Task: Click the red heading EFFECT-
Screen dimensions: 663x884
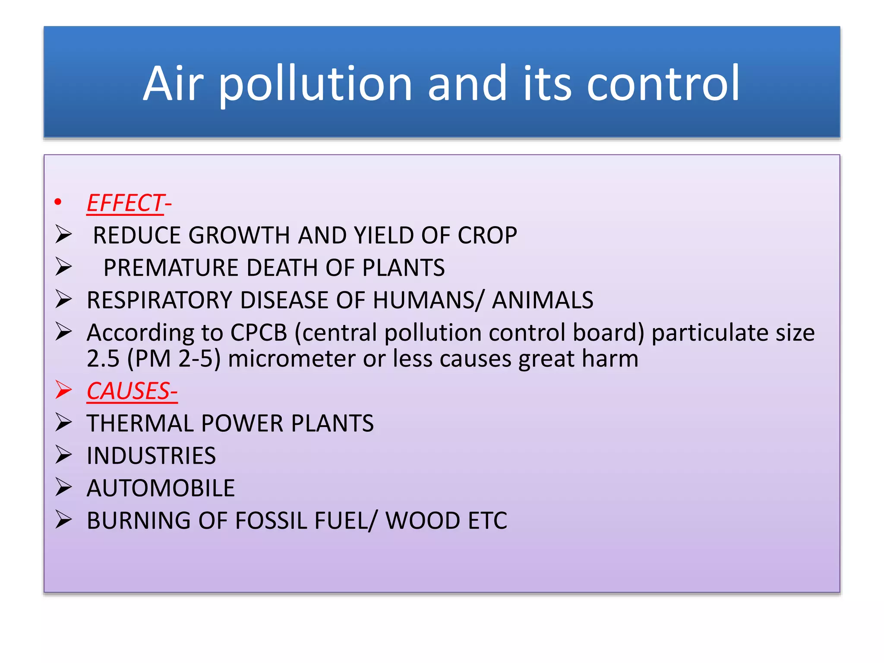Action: [129, 203]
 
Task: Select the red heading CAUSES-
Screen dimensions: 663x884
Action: [132, 391]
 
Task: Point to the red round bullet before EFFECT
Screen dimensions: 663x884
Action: [58, 202]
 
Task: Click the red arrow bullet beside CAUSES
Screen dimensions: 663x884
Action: [63, 390]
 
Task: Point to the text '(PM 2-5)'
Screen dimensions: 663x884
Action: [174, 359]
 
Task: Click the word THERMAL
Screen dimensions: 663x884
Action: [140, 423]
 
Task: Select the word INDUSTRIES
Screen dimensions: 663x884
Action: [151, 456]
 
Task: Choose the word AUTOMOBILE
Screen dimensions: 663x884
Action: [161, 488]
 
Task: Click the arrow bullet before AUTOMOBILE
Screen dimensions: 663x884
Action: [63, 487]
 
